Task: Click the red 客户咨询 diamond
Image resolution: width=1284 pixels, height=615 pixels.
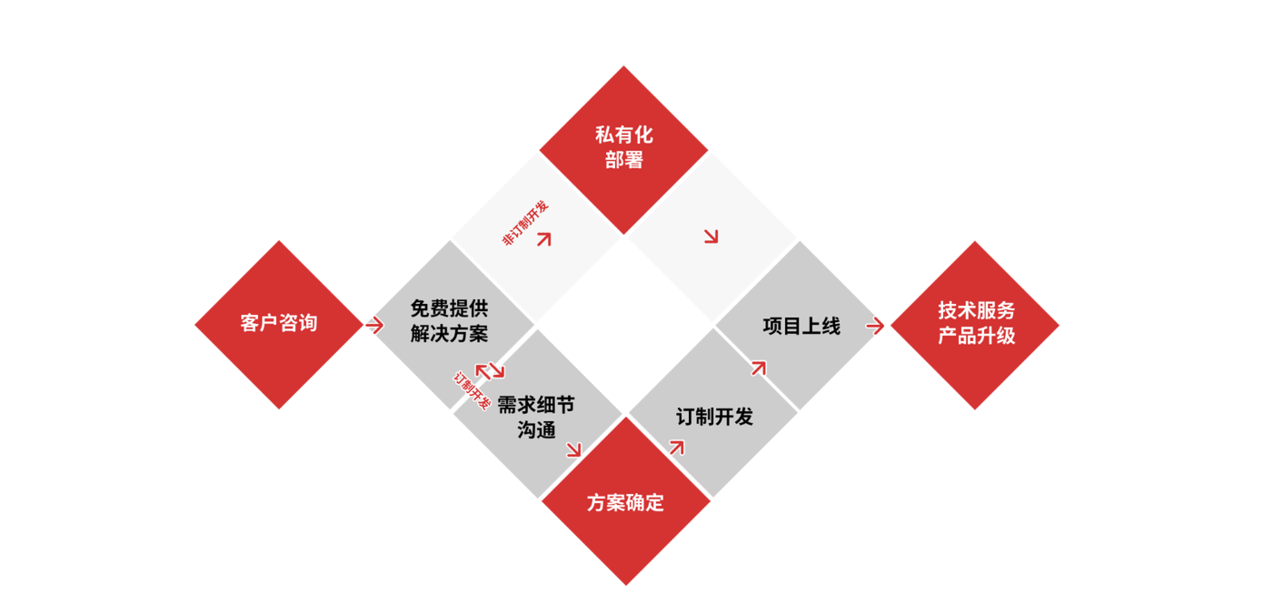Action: [279, 324]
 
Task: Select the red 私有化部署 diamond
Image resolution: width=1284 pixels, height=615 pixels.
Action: [623, 149]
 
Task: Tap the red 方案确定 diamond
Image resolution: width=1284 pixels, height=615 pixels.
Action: [625, 502]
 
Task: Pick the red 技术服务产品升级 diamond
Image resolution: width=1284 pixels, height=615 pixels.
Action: [975, 325]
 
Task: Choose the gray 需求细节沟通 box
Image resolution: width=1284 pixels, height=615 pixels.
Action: [537, 417]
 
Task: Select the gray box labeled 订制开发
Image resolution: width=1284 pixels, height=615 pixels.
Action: [714, 417]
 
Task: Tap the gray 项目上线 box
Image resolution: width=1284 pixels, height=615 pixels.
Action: [801, 326]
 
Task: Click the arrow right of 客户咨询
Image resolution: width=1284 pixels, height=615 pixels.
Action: [373, 325]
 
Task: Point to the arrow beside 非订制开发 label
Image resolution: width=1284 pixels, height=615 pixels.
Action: [544, 239]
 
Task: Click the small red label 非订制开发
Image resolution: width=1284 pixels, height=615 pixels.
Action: [525, 222]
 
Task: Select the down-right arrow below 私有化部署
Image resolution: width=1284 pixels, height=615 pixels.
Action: [711, 237]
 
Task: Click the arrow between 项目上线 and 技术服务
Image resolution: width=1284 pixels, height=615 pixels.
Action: [875, 326]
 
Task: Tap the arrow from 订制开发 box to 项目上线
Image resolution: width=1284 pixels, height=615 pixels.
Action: [758, 368]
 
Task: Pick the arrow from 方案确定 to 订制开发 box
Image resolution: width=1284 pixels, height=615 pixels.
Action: [676, 446]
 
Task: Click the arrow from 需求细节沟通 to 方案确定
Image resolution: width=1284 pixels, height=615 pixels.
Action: [573, 449]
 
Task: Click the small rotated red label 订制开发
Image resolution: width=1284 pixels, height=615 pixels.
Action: [472, 389]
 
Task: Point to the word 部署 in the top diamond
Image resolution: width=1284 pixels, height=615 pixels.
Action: [623, 161]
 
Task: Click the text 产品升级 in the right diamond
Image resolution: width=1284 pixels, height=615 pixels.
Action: [976, 336]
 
